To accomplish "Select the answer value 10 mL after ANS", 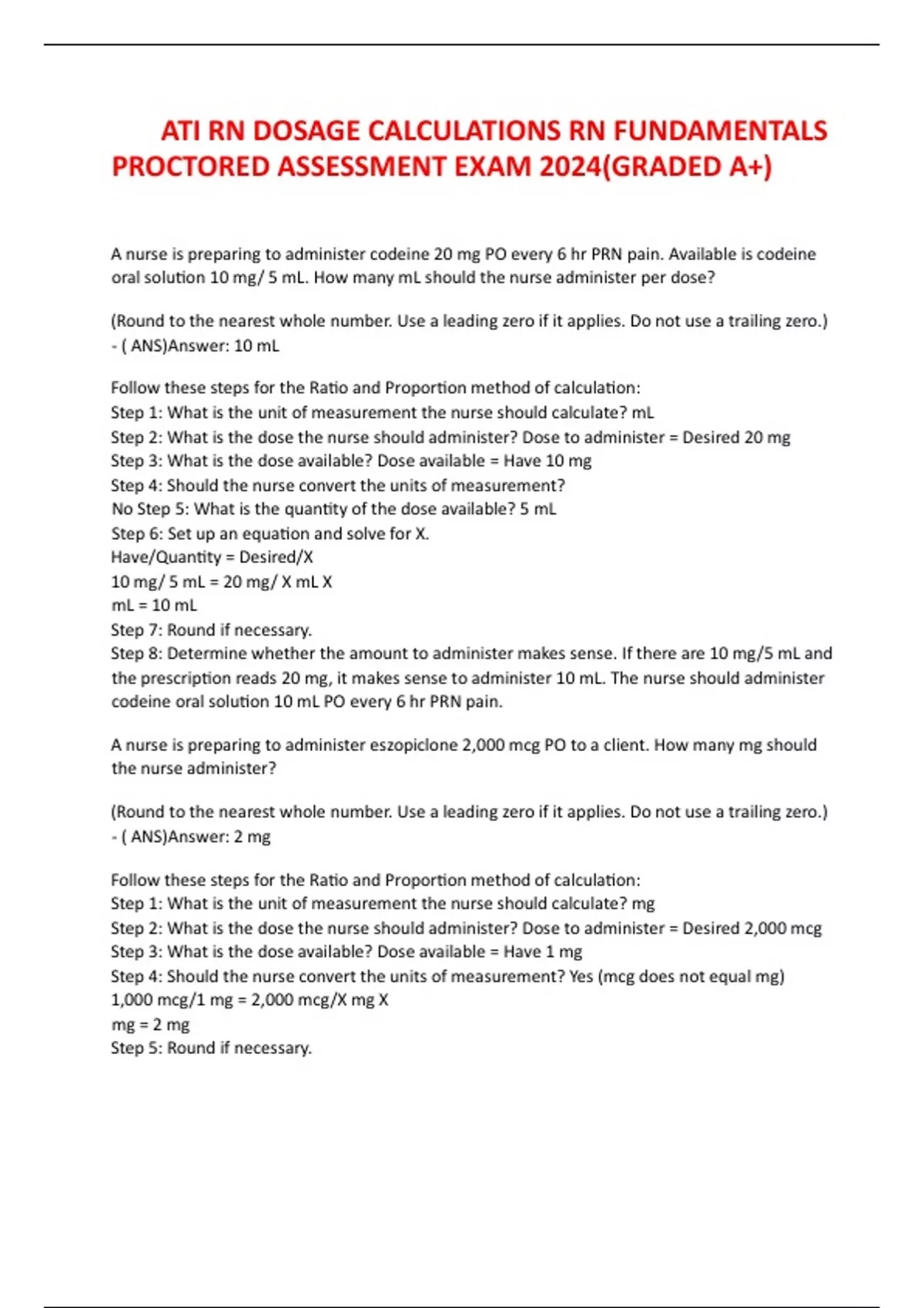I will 256,346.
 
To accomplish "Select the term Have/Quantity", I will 166,557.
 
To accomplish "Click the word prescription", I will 186,678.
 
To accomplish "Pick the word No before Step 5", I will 122,509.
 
